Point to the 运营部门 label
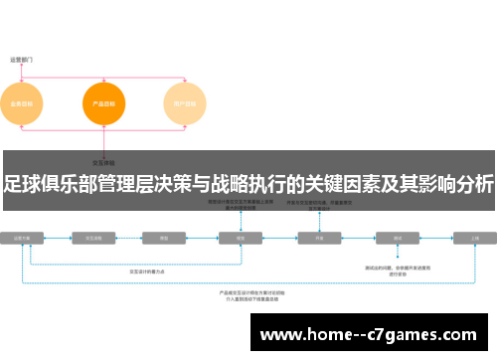tap(21, 59)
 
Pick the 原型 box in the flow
tap(163, 239)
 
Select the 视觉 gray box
tap(240, 239)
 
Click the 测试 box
tap(398, 239)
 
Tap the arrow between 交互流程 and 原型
tap(130, 239)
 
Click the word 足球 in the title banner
tap(21, 182)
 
